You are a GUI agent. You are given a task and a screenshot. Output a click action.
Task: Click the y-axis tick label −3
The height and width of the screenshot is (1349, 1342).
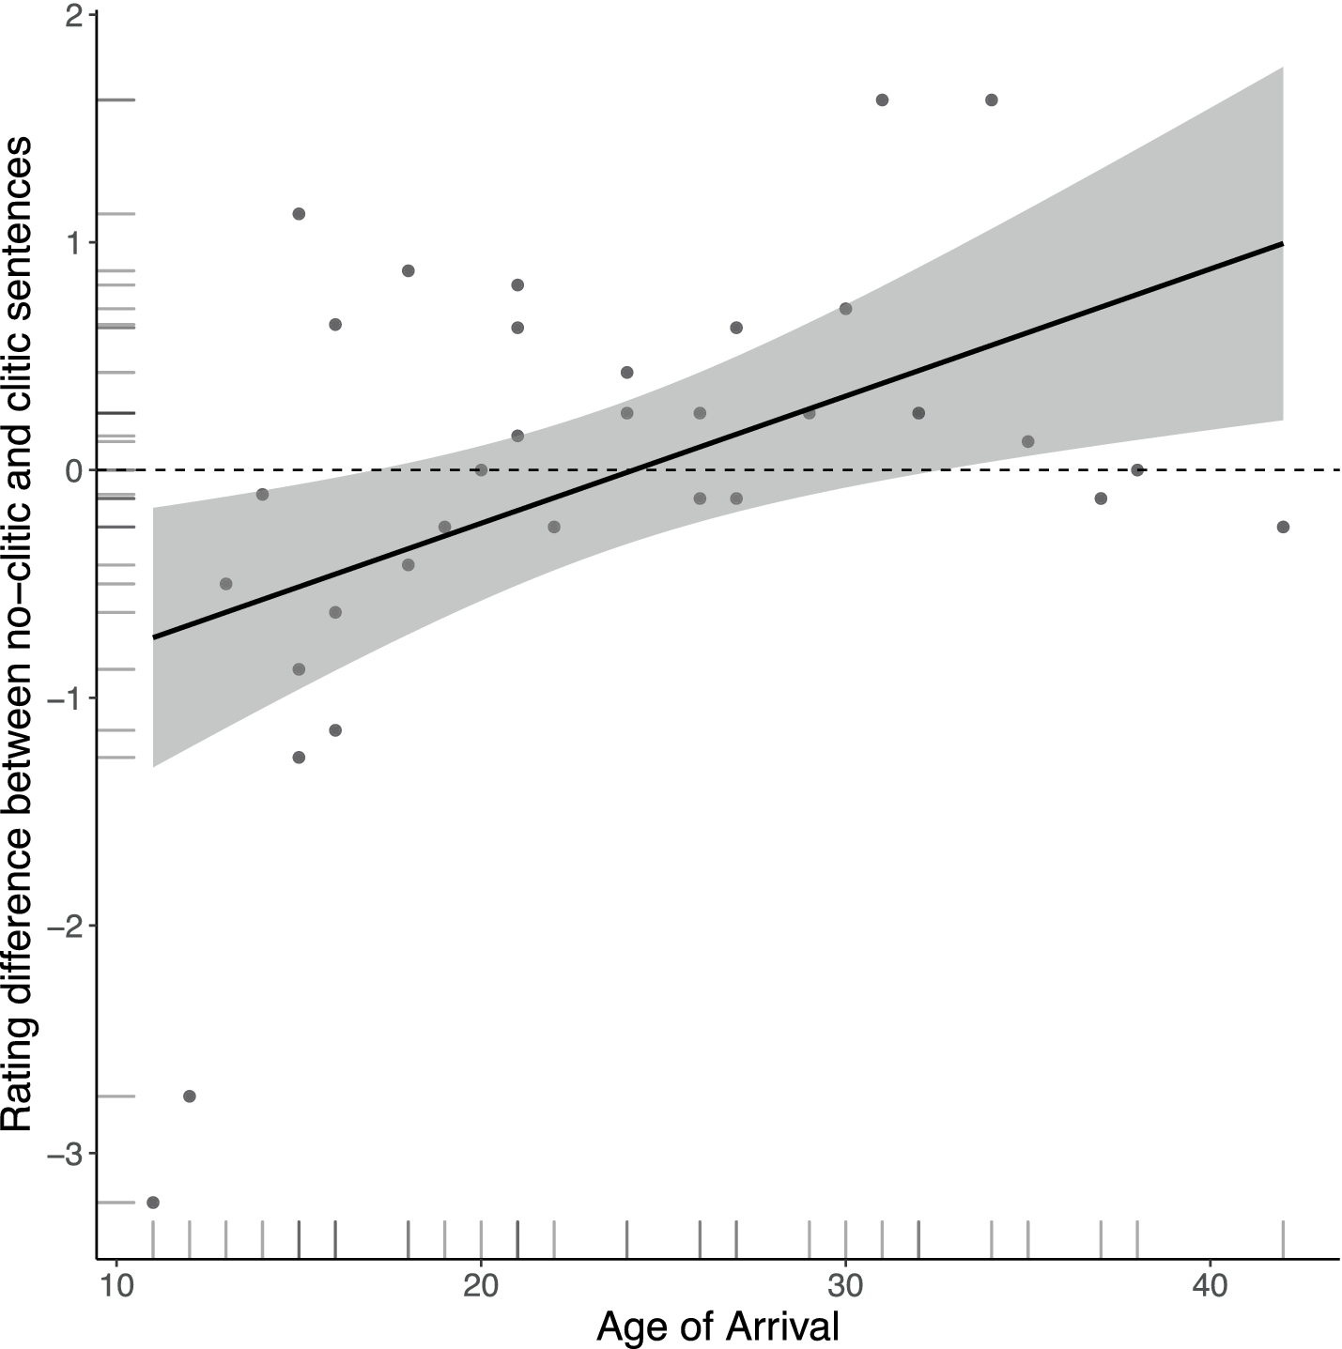[65, 1155]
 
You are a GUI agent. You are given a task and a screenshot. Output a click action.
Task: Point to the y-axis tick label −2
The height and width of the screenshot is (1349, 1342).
[65, 927]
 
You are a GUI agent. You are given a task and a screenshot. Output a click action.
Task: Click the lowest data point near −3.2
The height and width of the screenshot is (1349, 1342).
[153, 1203]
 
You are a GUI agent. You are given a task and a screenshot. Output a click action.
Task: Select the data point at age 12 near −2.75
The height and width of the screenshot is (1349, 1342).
[189, 1096]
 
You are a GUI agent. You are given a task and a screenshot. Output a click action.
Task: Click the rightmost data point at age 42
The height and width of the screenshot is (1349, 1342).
[1283, 527]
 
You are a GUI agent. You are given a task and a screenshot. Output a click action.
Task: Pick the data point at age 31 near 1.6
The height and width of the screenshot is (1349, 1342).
[882, 100]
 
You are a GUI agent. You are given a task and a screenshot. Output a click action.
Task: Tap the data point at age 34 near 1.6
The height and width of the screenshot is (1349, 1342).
[991, 100]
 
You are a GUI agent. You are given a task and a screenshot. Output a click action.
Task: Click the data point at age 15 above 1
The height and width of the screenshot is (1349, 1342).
[299, 214]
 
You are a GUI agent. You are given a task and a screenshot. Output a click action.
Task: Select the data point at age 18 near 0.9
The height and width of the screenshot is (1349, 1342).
[408, 270]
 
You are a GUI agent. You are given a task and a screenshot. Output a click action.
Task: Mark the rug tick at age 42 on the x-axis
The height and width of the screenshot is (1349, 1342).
[1283, 1239]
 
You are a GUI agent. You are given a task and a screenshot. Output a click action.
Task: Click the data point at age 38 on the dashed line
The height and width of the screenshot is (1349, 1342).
[1137, 469]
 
